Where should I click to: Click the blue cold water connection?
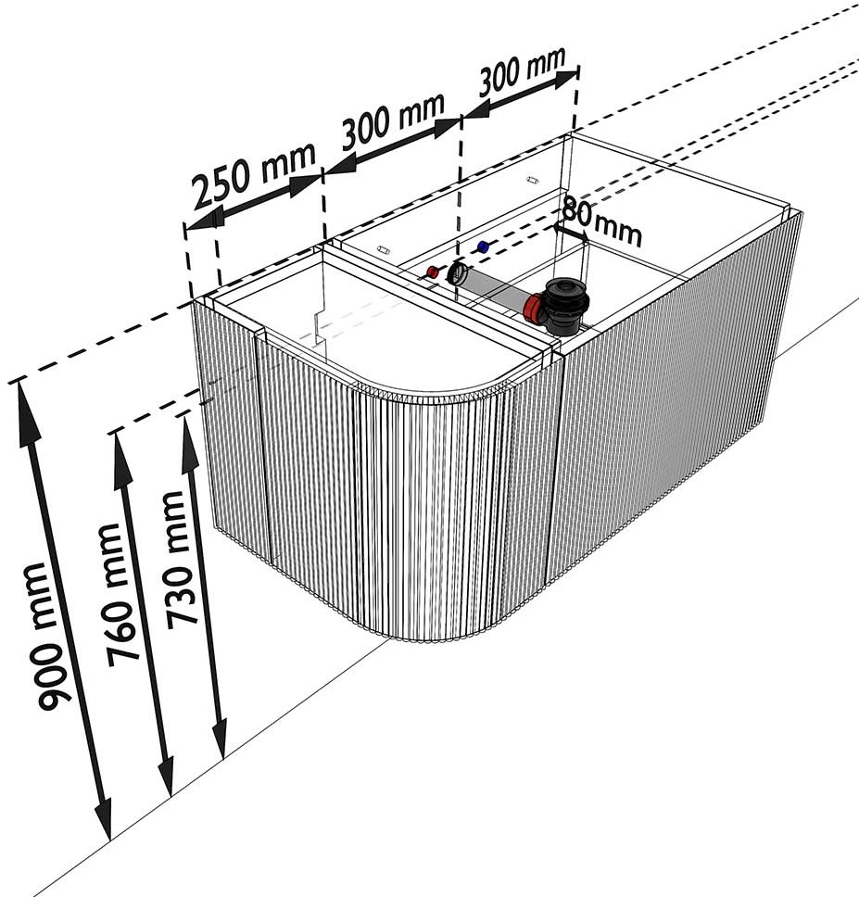[x=483, y=248]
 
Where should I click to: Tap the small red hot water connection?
[x=432, y=272]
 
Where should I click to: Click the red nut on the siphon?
[x=535, y=308]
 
